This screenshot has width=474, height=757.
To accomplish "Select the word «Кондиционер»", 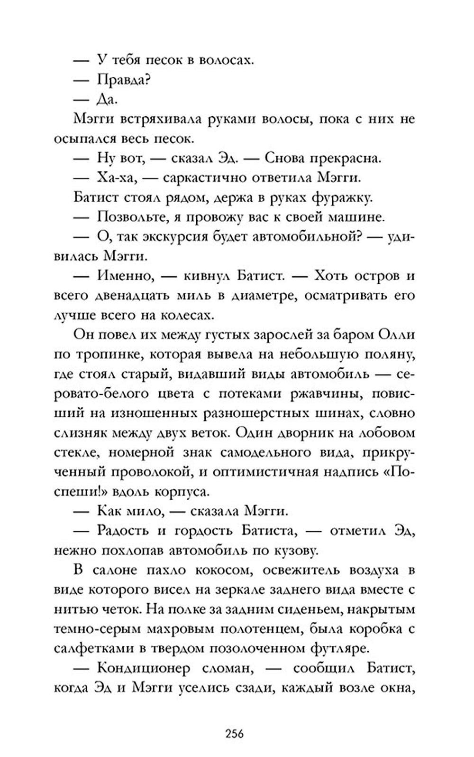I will click(x=144, y=669).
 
